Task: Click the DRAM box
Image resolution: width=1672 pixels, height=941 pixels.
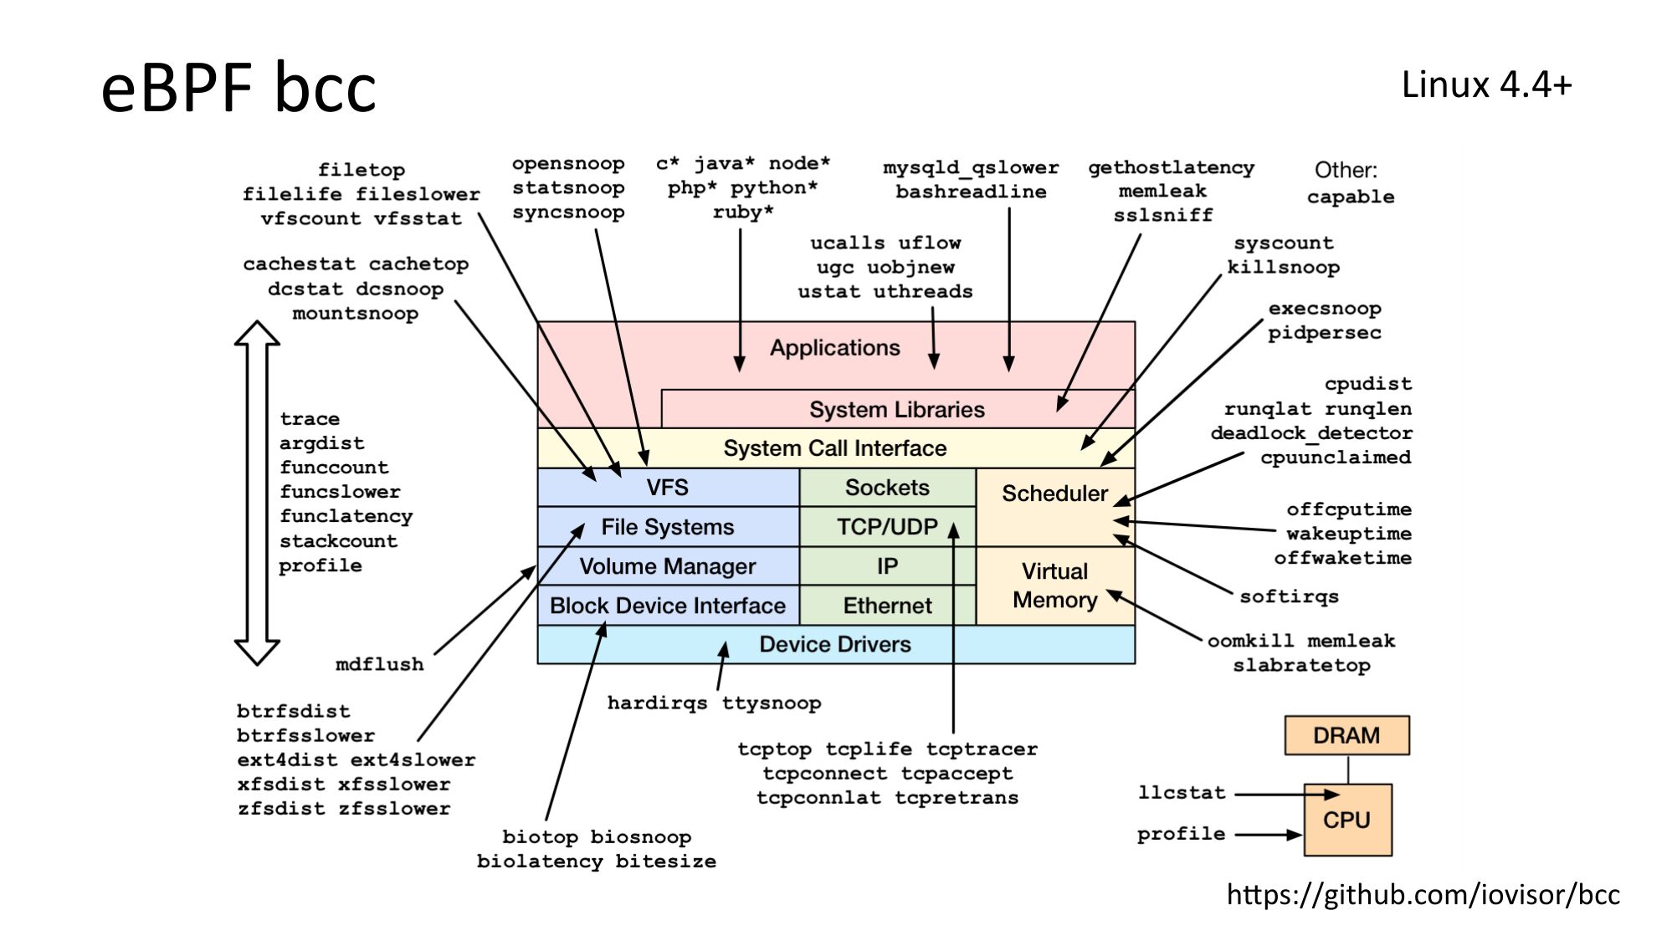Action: click(x=1346, y=735)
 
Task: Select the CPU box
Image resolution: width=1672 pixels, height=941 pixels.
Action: click(x=1346, y=820)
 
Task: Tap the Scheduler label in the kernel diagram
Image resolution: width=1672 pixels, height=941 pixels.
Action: click(x=1054, y=494)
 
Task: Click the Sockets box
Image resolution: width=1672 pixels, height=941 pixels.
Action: click(x=887, y=488)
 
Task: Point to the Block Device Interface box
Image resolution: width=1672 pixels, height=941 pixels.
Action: click(x=667, y=606)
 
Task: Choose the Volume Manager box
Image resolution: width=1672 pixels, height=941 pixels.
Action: click(x=667, y=566)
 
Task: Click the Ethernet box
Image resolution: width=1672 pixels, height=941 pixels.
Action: click(x=887, y=606)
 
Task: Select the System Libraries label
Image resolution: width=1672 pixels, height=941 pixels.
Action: click(x=896, y=410)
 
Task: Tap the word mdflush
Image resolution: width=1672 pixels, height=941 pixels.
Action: click(x=379, y=665)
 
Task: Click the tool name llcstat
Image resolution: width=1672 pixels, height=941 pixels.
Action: click(x=1181, y=792)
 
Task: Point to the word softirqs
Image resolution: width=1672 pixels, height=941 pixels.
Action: click(x=1289, y=596)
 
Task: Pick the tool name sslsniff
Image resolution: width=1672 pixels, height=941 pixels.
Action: click(x=1162, y=216)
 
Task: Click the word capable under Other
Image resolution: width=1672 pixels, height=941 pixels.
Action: click(x=1350, y=197)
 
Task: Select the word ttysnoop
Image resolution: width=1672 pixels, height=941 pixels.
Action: click(x=771, y=703)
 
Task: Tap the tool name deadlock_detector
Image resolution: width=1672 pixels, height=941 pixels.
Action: click(x=1310, y=433)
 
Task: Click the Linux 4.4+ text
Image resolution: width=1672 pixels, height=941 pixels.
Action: click(x=1486, y=85)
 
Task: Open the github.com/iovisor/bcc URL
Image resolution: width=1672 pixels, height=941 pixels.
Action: click(x=1423, y=895)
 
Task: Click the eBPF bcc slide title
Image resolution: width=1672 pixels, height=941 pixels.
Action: click(x=238, y=87)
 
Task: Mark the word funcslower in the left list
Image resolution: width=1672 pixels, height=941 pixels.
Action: click(x=340, y=492)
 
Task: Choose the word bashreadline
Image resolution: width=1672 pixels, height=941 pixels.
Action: click(x=971, y=192)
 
